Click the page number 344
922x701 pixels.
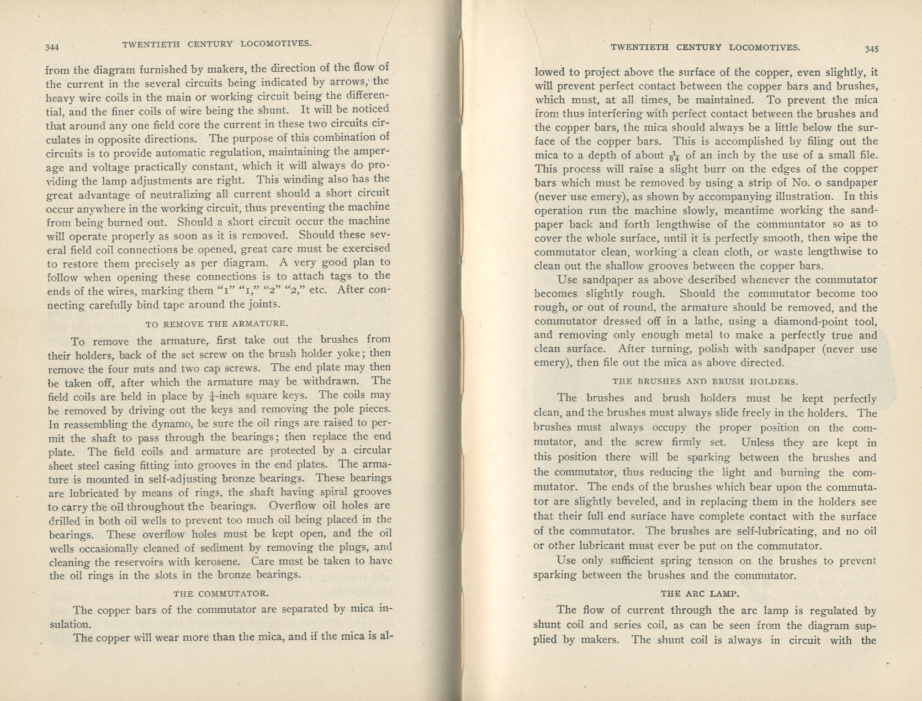pyautogui.click(x=52, y=47)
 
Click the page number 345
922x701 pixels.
pyautogui.click(x=871, y=49)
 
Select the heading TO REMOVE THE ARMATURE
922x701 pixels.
pyautogui.click(x=216, y=323)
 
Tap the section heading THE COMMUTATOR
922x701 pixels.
pyautogui.click(x=221, y=594)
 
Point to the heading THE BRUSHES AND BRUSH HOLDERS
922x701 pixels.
pyautogui.click(x=705, y=381)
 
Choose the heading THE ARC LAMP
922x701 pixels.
pyautogui.click(x=700, y=594)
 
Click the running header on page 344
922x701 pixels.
pyautogui.click(x=217, y=44)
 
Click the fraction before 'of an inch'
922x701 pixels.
pyautogui.click(x=674, y=156)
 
